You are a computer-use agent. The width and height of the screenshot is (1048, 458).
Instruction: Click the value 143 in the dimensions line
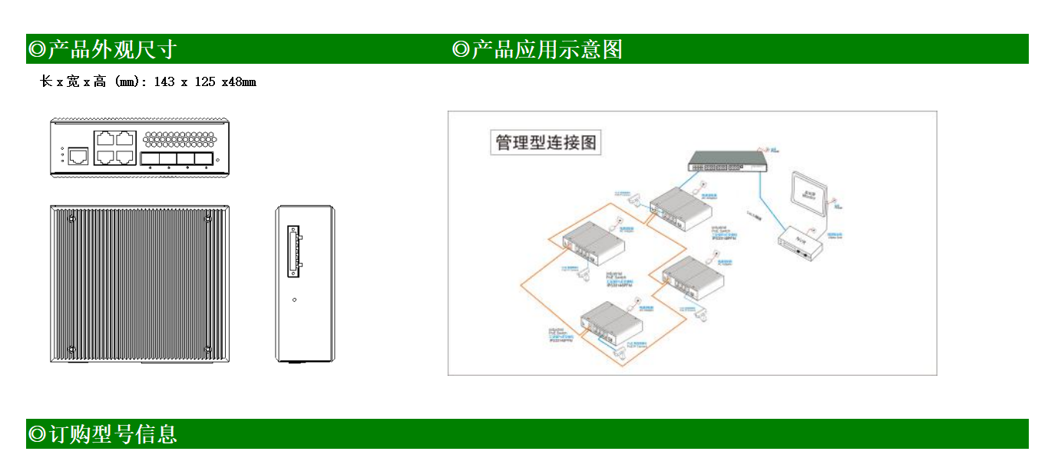tap(164, 81)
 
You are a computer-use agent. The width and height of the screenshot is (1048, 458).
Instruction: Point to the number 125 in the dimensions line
tap(205, 81)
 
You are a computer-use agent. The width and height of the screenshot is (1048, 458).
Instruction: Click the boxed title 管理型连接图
tap(545, 143)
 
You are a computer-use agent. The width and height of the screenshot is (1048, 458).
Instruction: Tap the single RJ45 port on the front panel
tap(78, 156)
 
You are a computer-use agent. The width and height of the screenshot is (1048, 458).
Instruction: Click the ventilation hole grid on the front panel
tap(179, 140)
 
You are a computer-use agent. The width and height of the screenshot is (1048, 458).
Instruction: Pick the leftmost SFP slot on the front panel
tap(149, 159)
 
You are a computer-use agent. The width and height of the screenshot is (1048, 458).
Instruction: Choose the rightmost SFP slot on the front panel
tap(203, 159)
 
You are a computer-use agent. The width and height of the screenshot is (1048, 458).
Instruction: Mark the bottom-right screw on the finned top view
tap(208, 350)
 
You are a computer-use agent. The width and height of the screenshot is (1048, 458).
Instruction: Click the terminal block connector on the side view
tap(293, 251)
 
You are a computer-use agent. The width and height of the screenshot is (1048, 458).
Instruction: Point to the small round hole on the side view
tap(295, 300)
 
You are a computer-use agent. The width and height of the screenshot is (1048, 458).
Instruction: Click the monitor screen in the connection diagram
tap(808, 195)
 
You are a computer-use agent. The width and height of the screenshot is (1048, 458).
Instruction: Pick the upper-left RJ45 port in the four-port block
tap(106, 139)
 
